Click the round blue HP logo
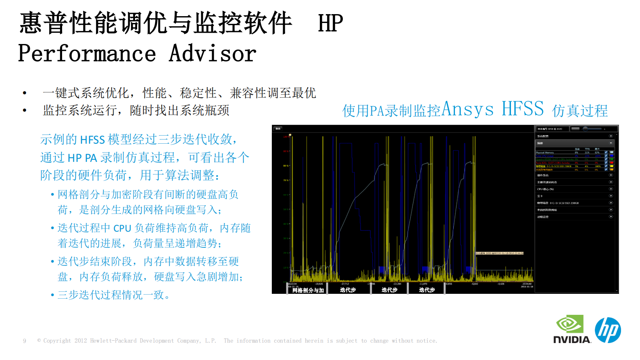tap(608, 330)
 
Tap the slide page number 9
tap(25, 341)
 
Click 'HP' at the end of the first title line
tap(330, 23)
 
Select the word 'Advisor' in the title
tap(213, 54)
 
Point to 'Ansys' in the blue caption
tap(467, 109)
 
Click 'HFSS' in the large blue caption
tap(523, 109)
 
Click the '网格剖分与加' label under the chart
tap(308, 290)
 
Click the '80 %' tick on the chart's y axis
tap(286, 166)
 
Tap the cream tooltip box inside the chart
tap(499, 253)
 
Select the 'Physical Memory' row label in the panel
tap(545, 153)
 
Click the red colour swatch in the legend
tap(611, 163)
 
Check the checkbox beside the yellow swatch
tap(606, 166)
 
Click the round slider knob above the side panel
tap(586, 129)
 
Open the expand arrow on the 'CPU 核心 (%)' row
tap(611, 189)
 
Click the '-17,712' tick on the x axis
tap(345, 284)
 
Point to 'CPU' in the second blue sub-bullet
tap(122, 228)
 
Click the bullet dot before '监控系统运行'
tap(25, 110)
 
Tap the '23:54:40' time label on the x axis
tap(527, 284)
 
